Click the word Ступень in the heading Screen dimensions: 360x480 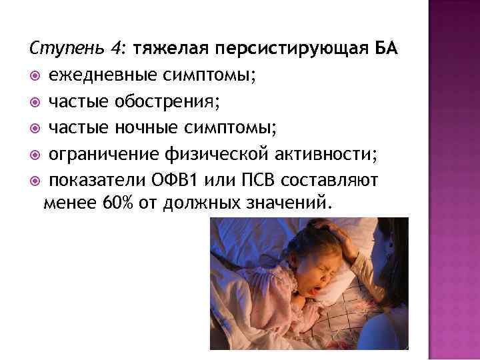point(62,49)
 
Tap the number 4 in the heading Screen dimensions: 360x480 point(117,49)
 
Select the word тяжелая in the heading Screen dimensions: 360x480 point(169,49)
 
